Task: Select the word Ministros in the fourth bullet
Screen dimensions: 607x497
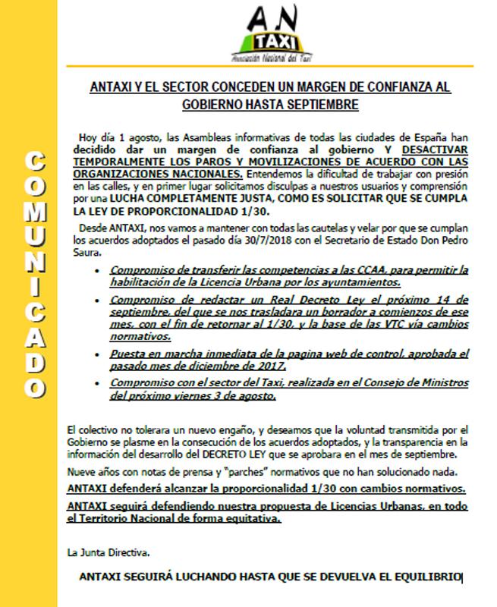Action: (x=438, y=385)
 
